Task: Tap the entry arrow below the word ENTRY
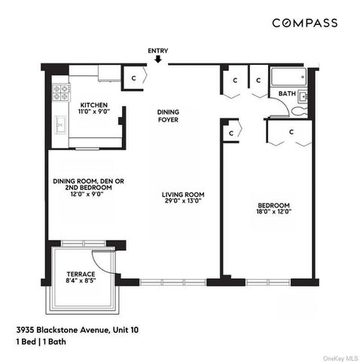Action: click(158, 63)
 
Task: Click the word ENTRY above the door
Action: click(158, 51)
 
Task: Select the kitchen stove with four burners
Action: click(59, 92)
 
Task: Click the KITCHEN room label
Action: click(94, 105)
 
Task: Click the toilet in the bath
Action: click(300, 110)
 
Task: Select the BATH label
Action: click(287, 94)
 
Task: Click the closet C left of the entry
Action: click(133, 78)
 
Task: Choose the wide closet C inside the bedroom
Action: click(290, 133)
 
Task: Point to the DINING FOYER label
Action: click(168, 115)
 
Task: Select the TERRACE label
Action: click(81, 274)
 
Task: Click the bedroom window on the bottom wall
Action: click(267, 282)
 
